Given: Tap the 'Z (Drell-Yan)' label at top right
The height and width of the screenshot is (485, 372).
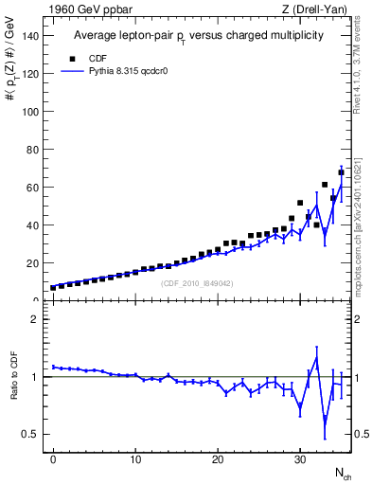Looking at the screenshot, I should pos(316,9).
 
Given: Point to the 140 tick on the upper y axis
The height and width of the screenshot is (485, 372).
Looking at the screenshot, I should pos(31,36).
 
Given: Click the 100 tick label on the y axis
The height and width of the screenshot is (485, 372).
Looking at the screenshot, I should pos(31,112).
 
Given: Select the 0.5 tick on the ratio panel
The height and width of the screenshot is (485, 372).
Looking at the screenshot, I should pos(31,434).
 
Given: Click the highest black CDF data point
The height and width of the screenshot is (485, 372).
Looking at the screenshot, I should pos(341,172).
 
